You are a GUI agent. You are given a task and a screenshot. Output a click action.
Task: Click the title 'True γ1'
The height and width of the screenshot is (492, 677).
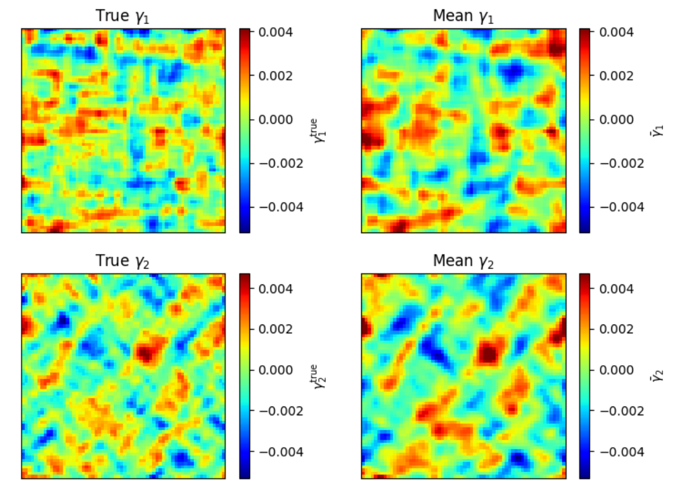pos(123,17)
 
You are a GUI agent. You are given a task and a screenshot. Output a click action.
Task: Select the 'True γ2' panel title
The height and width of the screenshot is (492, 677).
pos(123,262)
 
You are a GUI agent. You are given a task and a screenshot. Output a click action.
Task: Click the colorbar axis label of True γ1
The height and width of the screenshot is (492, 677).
pos(317,130)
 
